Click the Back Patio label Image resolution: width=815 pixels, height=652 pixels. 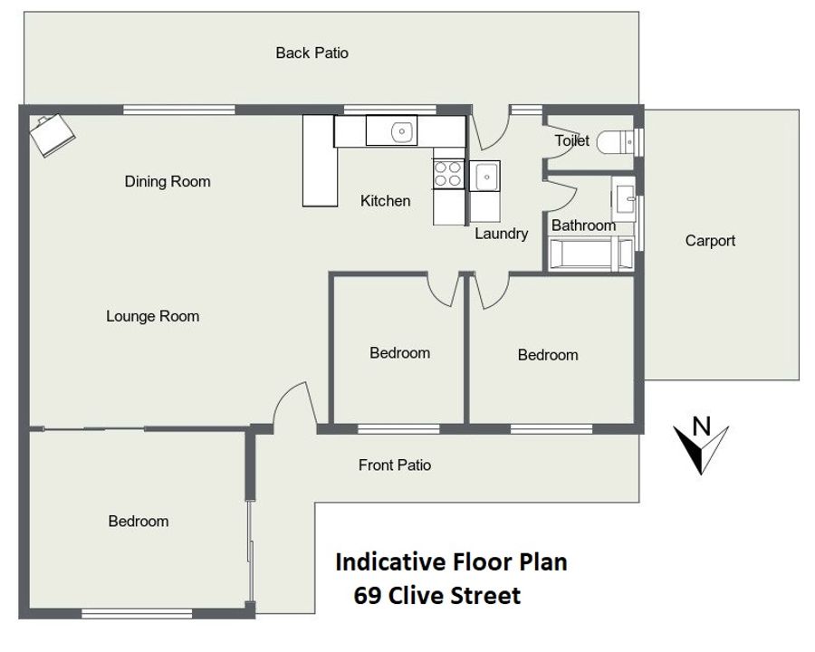[312, 53]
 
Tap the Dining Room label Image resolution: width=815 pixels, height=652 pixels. [168, 181]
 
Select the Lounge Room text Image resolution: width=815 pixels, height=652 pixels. [153, 316]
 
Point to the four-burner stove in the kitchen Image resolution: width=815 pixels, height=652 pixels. [448, 174]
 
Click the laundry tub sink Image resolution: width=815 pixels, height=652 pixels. [485, 177]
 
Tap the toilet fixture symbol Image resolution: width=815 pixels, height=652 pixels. [615, 142]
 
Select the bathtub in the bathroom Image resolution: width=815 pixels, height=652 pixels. [591, 254]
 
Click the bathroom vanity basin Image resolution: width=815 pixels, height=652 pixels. [623, 198]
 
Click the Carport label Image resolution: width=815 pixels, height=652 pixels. [710, 241]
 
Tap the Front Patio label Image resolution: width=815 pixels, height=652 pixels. [395, 465]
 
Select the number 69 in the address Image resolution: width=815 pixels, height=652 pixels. [367, 596]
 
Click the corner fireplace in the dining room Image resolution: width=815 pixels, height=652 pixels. [52, 135]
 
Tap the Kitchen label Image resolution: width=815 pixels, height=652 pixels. [385, 201]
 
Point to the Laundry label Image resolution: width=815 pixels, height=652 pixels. [501, 234]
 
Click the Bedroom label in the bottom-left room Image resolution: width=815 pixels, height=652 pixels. [139, 522]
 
